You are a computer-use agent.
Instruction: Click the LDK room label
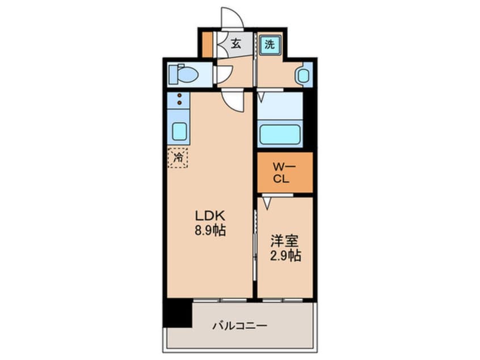click(210, 216)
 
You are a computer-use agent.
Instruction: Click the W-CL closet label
click(281, 172)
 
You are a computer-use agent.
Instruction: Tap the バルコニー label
click(239, 326)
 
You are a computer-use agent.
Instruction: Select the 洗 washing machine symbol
click(270, 45)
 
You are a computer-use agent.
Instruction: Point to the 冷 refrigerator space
click(178, 157)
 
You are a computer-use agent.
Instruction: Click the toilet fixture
click(186, 74)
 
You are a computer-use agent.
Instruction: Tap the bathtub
click(279, 135)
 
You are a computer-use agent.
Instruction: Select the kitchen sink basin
click(180, 131)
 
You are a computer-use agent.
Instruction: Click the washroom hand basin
click(303, 75)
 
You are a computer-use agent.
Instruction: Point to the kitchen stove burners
click(179, 99)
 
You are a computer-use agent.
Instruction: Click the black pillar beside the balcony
click(178, 312)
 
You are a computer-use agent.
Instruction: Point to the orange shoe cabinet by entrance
click(207, 44)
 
